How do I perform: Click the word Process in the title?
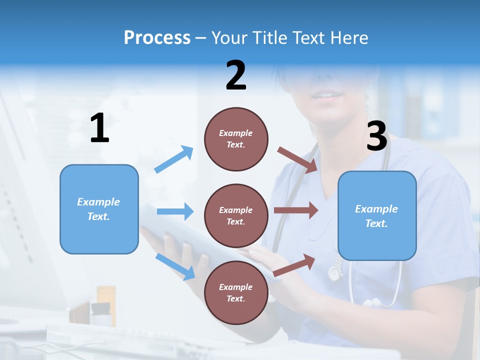point(157,38)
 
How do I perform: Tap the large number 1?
point(99,128)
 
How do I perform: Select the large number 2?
point(236,75)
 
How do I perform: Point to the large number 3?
point(376,136)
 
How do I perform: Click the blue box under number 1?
point(99,209)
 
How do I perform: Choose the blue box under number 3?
point(377,215)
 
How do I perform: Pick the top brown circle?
point(236,139)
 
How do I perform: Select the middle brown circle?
point(236,215)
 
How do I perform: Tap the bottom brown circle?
point(236,292)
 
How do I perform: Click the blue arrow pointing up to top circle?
point(173,159)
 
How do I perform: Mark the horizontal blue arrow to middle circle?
point(175,211)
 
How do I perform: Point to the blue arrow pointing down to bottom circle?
point(175,266)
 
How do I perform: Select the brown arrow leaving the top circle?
point(298,159)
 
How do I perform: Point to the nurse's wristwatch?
point(334,271)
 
